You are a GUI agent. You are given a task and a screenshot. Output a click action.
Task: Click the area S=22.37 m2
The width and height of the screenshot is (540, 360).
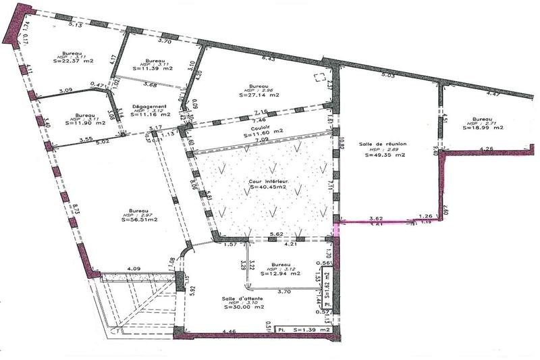pos(72,61)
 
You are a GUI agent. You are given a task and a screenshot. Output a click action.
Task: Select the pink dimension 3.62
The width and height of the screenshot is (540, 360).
pos(375,217)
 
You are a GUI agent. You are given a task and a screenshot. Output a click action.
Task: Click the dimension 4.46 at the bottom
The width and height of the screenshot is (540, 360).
pos(230,332)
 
